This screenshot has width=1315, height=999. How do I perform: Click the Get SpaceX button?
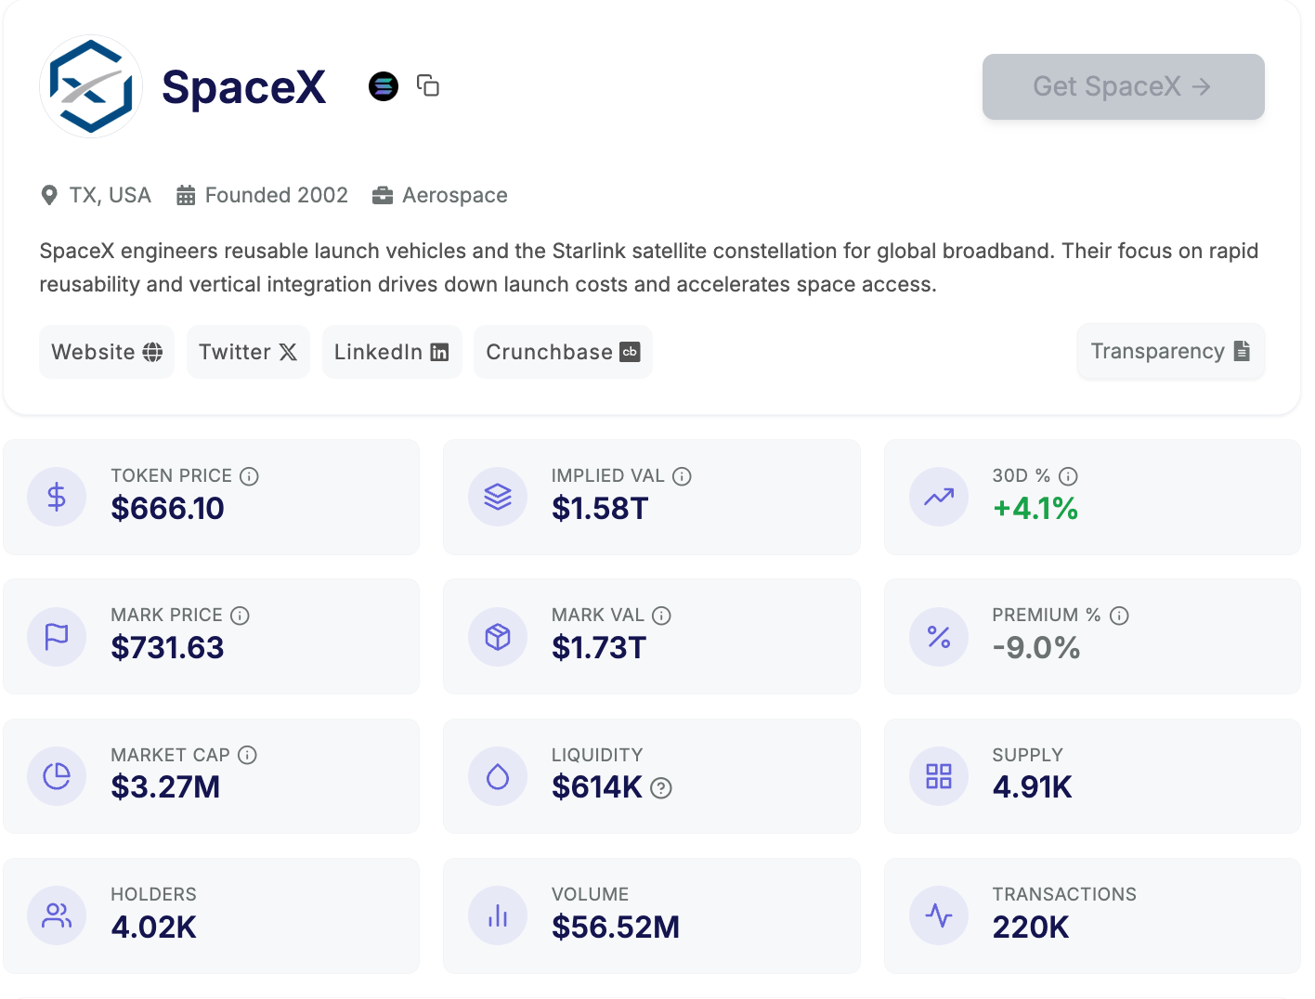1123,86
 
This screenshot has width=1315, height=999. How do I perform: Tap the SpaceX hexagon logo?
91,86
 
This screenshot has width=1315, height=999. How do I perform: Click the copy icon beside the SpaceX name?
428,85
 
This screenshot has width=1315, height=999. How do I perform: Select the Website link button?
107,352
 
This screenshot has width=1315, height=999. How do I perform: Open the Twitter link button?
248,352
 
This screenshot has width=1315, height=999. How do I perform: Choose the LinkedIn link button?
392,352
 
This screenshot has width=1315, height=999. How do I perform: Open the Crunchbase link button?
563,352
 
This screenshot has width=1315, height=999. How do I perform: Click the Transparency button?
1170,351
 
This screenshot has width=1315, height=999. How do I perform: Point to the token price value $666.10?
167,509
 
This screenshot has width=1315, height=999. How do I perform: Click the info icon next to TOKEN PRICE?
249,476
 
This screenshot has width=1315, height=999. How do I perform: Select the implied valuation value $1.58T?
600,509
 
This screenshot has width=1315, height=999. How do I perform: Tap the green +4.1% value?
1035,509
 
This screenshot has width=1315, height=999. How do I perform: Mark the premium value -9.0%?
1036,648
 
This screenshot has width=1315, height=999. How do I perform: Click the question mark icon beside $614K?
661,788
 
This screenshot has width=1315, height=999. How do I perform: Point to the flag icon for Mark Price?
57,637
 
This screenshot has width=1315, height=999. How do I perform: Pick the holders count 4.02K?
153,927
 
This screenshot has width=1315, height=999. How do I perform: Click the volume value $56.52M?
616,927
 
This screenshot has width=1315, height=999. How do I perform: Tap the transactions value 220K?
1031,927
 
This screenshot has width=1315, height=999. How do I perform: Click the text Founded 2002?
276,195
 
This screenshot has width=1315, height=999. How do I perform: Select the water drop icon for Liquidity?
498,776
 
